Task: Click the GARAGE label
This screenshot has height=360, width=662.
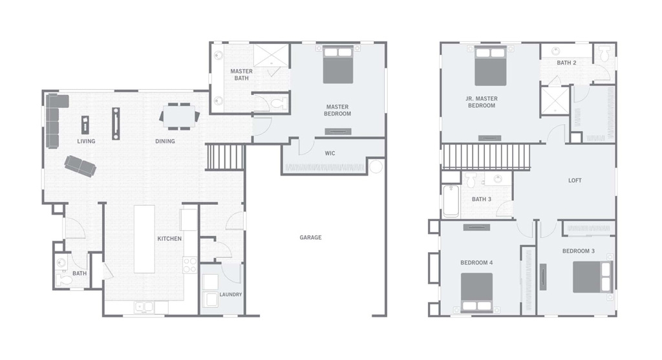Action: pyautogui.click(x=310, y=238)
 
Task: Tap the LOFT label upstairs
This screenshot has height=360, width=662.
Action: pyautogui.click(x=575, y=180)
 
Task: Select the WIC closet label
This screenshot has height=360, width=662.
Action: pyautogui.click(x=330, y=153)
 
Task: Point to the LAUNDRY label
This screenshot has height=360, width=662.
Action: pyautogui.click(x=231, y=294)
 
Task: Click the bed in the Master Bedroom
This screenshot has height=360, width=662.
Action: pyautogui.click(x=337, y=65)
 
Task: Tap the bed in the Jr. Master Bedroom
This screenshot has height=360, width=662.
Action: pyautogui.click(x=490, y=66)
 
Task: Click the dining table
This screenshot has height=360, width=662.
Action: pyautogui.click(x=180, y=116)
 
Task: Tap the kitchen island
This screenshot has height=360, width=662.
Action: pyautogui.click(x=144, y=239)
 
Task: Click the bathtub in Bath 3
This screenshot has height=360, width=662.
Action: pyautogui.click(x=451, y=201)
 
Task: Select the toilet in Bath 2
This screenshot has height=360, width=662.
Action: pyautogui.click(x=604, y=54)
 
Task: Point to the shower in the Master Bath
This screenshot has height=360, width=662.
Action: pyautogui.click(x=271, y=55)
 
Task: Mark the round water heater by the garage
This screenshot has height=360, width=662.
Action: pyautogui.click(x=376, y=167)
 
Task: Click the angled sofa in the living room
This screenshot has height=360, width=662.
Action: pyautogui.click(x=80, y=166)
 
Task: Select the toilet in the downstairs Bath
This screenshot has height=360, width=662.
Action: pyautogui.click(x=64, y=280)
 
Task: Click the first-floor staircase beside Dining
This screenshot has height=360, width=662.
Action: pyautogui.click(x=225, y=157)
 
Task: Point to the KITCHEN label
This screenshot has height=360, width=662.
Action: pyautogui.click(x=169, y=239)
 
